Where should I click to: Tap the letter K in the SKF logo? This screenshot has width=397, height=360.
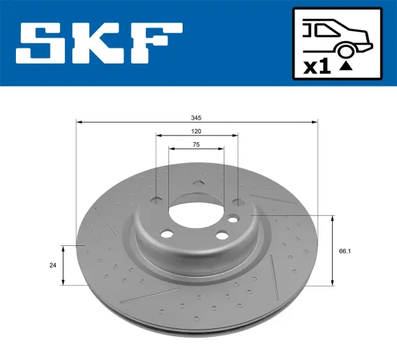pyautogui.click(x=102, y=43)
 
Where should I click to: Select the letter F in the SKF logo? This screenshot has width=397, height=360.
pyautogui.click(x=157, y=43)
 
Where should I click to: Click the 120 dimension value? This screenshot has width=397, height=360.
pyautogui.click(x=196, y=132)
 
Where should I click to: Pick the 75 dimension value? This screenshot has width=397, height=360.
pyautogui.click(x=196, y=145)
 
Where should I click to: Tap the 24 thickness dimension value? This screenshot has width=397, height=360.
pyautogui.click(x=53, y=265)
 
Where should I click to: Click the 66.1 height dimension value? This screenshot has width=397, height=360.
pyautogui.click(x=344, y=251)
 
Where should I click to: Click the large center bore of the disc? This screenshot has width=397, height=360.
pyautogui.click(x=196, y=212)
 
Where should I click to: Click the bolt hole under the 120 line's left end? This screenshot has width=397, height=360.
pyautogui.click(x=157, y=201)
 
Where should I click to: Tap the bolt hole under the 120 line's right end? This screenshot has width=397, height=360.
pyautogui.click(x=236, y=201)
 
